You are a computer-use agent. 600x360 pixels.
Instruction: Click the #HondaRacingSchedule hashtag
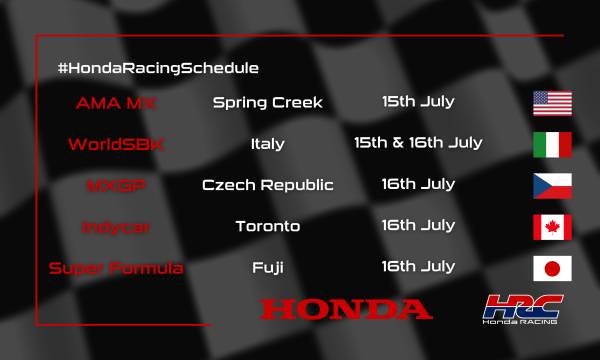coord(158,68)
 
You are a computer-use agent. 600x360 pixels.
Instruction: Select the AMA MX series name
coord(116,102)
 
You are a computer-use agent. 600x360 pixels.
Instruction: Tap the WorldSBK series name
coord(116,143)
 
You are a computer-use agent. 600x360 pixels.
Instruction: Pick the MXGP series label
coord(116,185)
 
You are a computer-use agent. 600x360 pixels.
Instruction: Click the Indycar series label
coord(116,226)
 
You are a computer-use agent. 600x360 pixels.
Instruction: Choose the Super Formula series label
coord(116,267)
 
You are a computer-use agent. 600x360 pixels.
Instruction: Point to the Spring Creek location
coord(267,102)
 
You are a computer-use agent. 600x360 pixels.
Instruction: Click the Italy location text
coord(267,143)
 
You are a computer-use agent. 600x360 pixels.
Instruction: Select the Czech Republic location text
coord(267,185)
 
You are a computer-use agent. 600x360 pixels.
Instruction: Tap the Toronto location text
coord(267,226)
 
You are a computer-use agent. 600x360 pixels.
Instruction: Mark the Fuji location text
coord(267,267)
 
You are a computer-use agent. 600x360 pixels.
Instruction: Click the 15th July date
coord(418,102)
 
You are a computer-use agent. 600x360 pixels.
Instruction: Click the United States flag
coord(552,103)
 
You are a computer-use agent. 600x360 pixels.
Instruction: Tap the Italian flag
coord(552,144)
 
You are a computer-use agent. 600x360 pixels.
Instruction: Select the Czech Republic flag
coord(552,185)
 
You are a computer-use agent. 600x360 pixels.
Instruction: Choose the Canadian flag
coord(552,226)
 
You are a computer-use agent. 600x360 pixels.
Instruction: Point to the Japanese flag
coord(552,267)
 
